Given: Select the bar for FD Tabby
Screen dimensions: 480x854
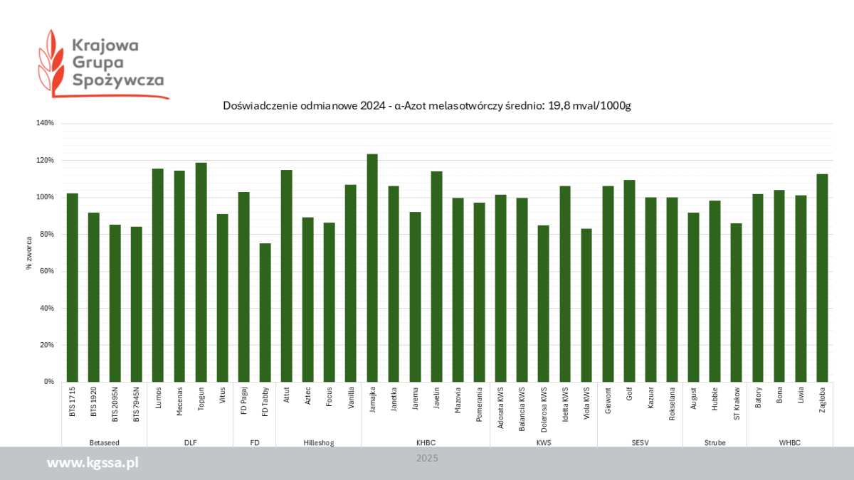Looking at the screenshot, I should tap(265, 313).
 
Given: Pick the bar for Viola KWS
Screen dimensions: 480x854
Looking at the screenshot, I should tap(586, 305).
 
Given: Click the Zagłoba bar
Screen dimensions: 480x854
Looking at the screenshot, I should tap(822, 278).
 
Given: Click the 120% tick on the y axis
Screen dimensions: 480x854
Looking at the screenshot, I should tap(45, 161).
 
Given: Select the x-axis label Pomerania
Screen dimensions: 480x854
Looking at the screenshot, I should tap(480, 403).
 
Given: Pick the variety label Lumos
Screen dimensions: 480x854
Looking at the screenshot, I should tap(158, 397).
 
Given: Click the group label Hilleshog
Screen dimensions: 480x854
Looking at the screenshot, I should tap(318, 442).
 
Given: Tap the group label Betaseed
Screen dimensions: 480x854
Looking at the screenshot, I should tap(104, 442).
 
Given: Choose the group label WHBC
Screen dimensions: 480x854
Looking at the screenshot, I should tap(789, 442).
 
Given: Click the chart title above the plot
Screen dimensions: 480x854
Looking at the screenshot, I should tap(427, 106).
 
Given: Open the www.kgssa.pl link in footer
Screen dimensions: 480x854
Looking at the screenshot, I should tap(93, 463).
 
